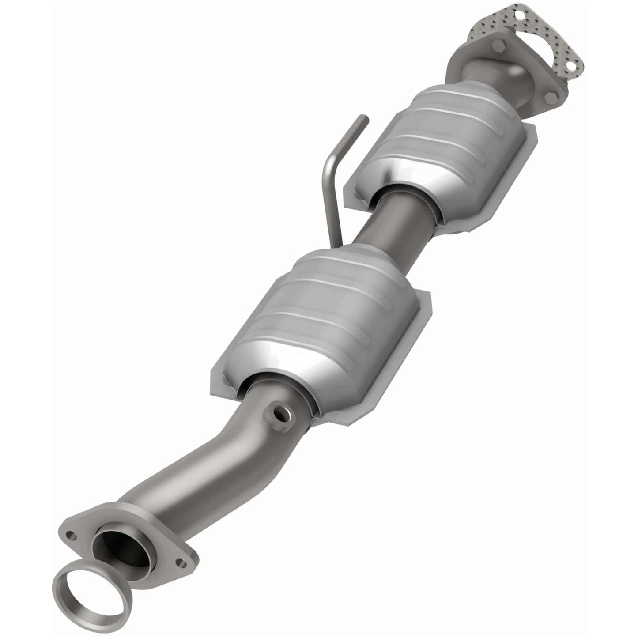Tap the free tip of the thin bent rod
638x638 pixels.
365,118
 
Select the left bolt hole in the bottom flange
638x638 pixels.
71,535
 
